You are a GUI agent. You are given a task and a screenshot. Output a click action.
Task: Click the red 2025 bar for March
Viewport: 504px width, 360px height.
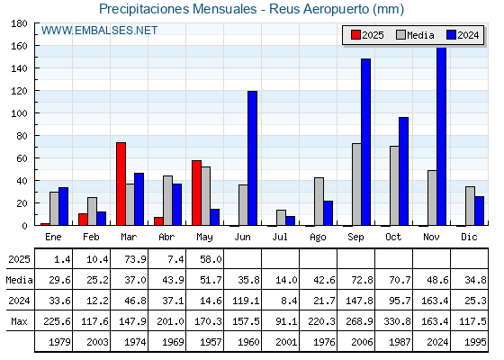(x=121, y=184)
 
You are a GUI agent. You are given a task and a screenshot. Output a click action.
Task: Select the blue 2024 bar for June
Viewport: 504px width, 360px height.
(x=252, y=158)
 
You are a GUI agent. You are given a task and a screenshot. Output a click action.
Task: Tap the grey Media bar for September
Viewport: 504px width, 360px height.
(x=356, y=184)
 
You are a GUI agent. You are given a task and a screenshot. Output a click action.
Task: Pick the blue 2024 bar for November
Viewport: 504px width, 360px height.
(x=442, y=136)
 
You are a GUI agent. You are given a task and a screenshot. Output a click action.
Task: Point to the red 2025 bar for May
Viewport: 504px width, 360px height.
(x=197, y=193)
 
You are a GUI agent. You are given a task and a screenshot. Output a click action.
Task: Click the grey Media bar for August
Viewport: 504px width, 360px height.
(x=319, y=202)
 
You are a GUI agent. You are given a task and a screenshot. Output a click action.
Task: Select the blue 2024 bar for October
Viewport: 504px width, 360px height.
(x=404, y=171)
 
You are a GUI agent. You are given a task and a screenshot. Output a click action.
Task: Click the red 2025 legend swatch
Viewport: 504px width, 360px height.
(x=355, y=35)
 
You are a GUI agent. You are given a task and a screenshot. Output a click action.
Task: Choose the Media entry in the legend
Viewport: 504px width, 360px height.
(x=415, y=35)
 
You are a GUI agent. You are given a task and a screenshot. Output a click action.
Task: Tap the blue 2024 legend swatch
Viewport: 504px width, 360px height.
(x=451, y=35)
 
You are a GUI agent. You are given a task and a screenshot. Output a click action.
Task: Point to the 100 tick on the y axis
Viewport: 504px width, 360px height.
(x=36, y=113)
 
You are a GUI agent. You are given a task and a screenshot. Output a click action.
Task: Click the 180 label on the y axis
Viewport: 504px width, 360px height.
(x=19, y=23)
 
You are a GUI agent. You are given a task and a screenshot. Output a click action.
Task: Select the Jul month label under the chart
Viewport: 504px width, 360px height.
(x=280, y=237)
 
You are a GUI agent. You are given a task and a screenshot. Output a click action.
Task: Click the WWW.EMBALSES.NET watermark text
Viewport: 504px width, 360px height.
(x=99, y=31)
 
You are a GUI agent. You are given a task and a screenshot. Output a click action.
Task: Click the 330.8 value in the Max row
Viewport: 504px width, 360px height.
(x=397, y=321)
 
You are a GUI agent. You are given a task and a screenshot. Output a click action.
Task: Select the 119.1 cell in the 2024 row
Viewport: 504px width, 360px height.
(x=246, y=301)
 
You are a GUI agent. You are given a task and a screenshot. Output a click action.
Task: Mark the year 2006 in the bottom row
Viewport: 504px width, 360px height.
(x=362, y=342)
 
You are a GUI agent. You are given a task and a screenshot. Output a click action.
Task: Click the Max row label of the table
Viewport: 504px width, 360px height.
(x=19, y=321)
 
